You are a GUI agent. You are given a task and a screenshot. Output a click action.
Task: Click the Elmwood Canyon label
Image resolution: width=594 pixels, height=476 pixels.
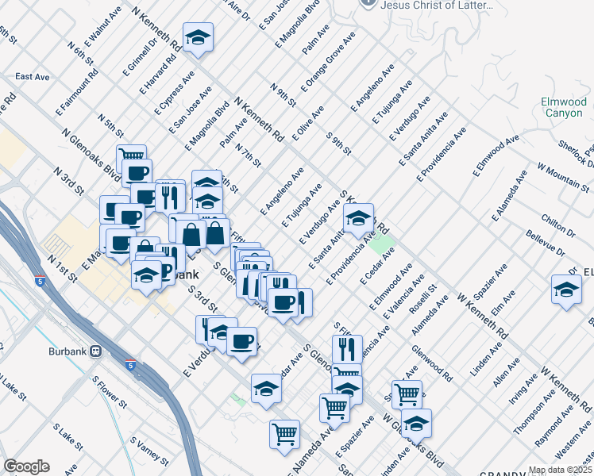[564, 107]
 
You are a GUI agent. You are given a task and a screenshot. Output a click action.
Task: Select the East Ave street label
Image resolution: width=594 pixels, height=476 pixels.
[33, 77]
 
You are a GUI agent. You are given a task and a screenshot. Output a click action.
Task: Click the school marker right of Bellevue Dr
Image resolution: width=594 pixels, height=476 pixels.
[565, 289]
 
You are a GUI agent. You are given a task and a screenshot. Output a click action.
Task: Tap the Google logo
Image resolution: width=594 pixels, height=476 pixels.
[26, 466]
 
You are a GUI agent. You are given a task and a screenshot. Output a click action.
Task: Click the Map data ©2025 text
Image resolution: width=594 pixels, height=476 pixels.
[560, 470]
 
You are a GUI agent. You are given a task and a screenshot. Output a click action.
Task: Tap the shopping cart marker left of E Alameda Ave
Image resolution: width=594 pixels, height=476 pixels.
[283, 434]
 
